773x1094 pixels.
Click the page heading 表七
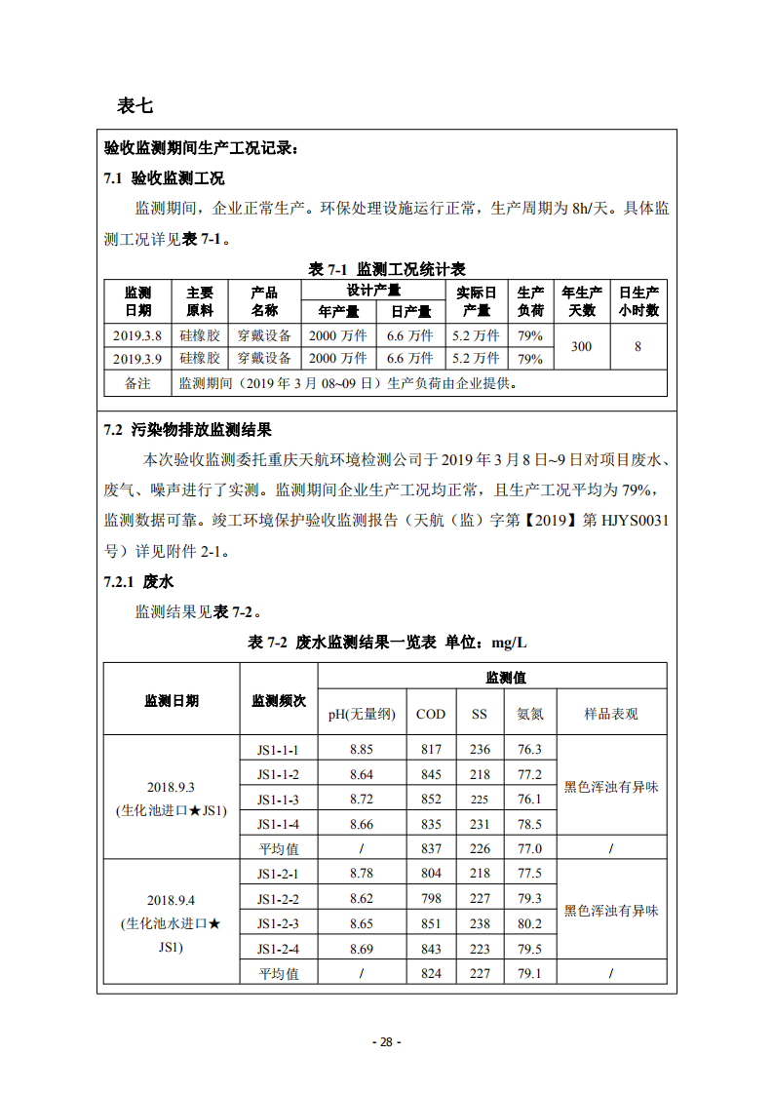[135, 105]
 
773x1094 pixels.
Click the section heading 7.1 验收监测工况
[164, 178]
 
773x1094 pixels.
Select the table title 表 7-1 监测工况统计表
[386, 269]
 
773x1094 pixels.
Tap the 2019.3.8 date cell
[137, 334]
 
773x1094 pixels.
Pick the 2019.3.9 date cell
[137, 358]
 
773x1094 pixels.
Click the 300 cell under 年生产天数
[581, 346]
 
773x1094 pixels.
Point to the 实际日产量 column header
[477, 301]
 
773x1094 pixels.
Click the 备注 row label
[137, 383]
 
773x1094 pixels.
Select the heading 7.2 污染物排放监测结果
[187, 430]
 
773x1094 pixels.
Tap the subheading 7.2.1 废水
[138, 582]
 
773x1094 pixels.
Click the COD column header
[431, 714]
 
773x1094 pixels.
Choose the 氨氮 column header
[529, 714]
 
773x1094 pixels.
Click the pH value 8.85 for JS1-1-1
[362, 749]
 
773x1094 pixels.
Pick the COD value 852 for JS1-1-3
[431, 800]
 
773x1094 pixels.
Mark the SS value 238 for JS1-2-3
[480, 923]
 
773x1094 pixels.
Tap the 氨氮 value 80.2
[529, 923]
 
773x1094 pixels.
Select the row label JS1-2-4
[278, 949]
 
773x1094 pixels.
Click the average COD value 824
[431, 973]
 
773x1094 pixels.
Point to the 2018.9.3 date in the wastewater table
[172, 787]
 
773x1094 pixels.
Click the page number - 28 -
[387, 1041]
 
